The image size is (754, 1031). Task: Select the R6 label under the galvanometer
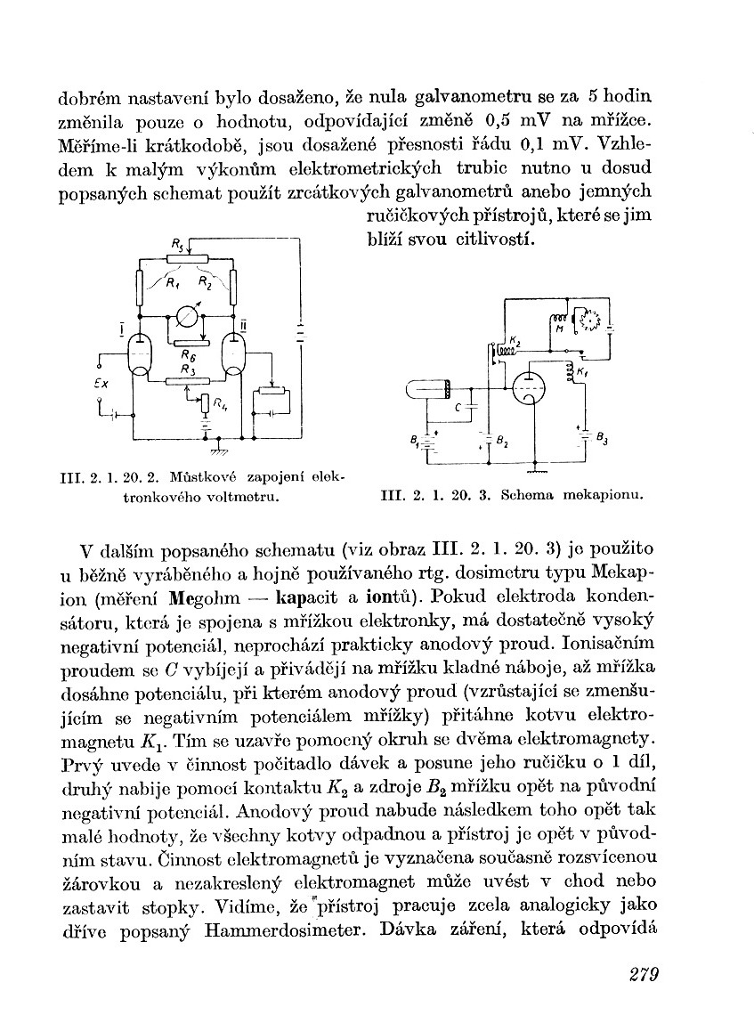tap(187, 354)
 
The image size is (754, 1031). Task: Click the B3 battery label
tap(602, 437)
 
